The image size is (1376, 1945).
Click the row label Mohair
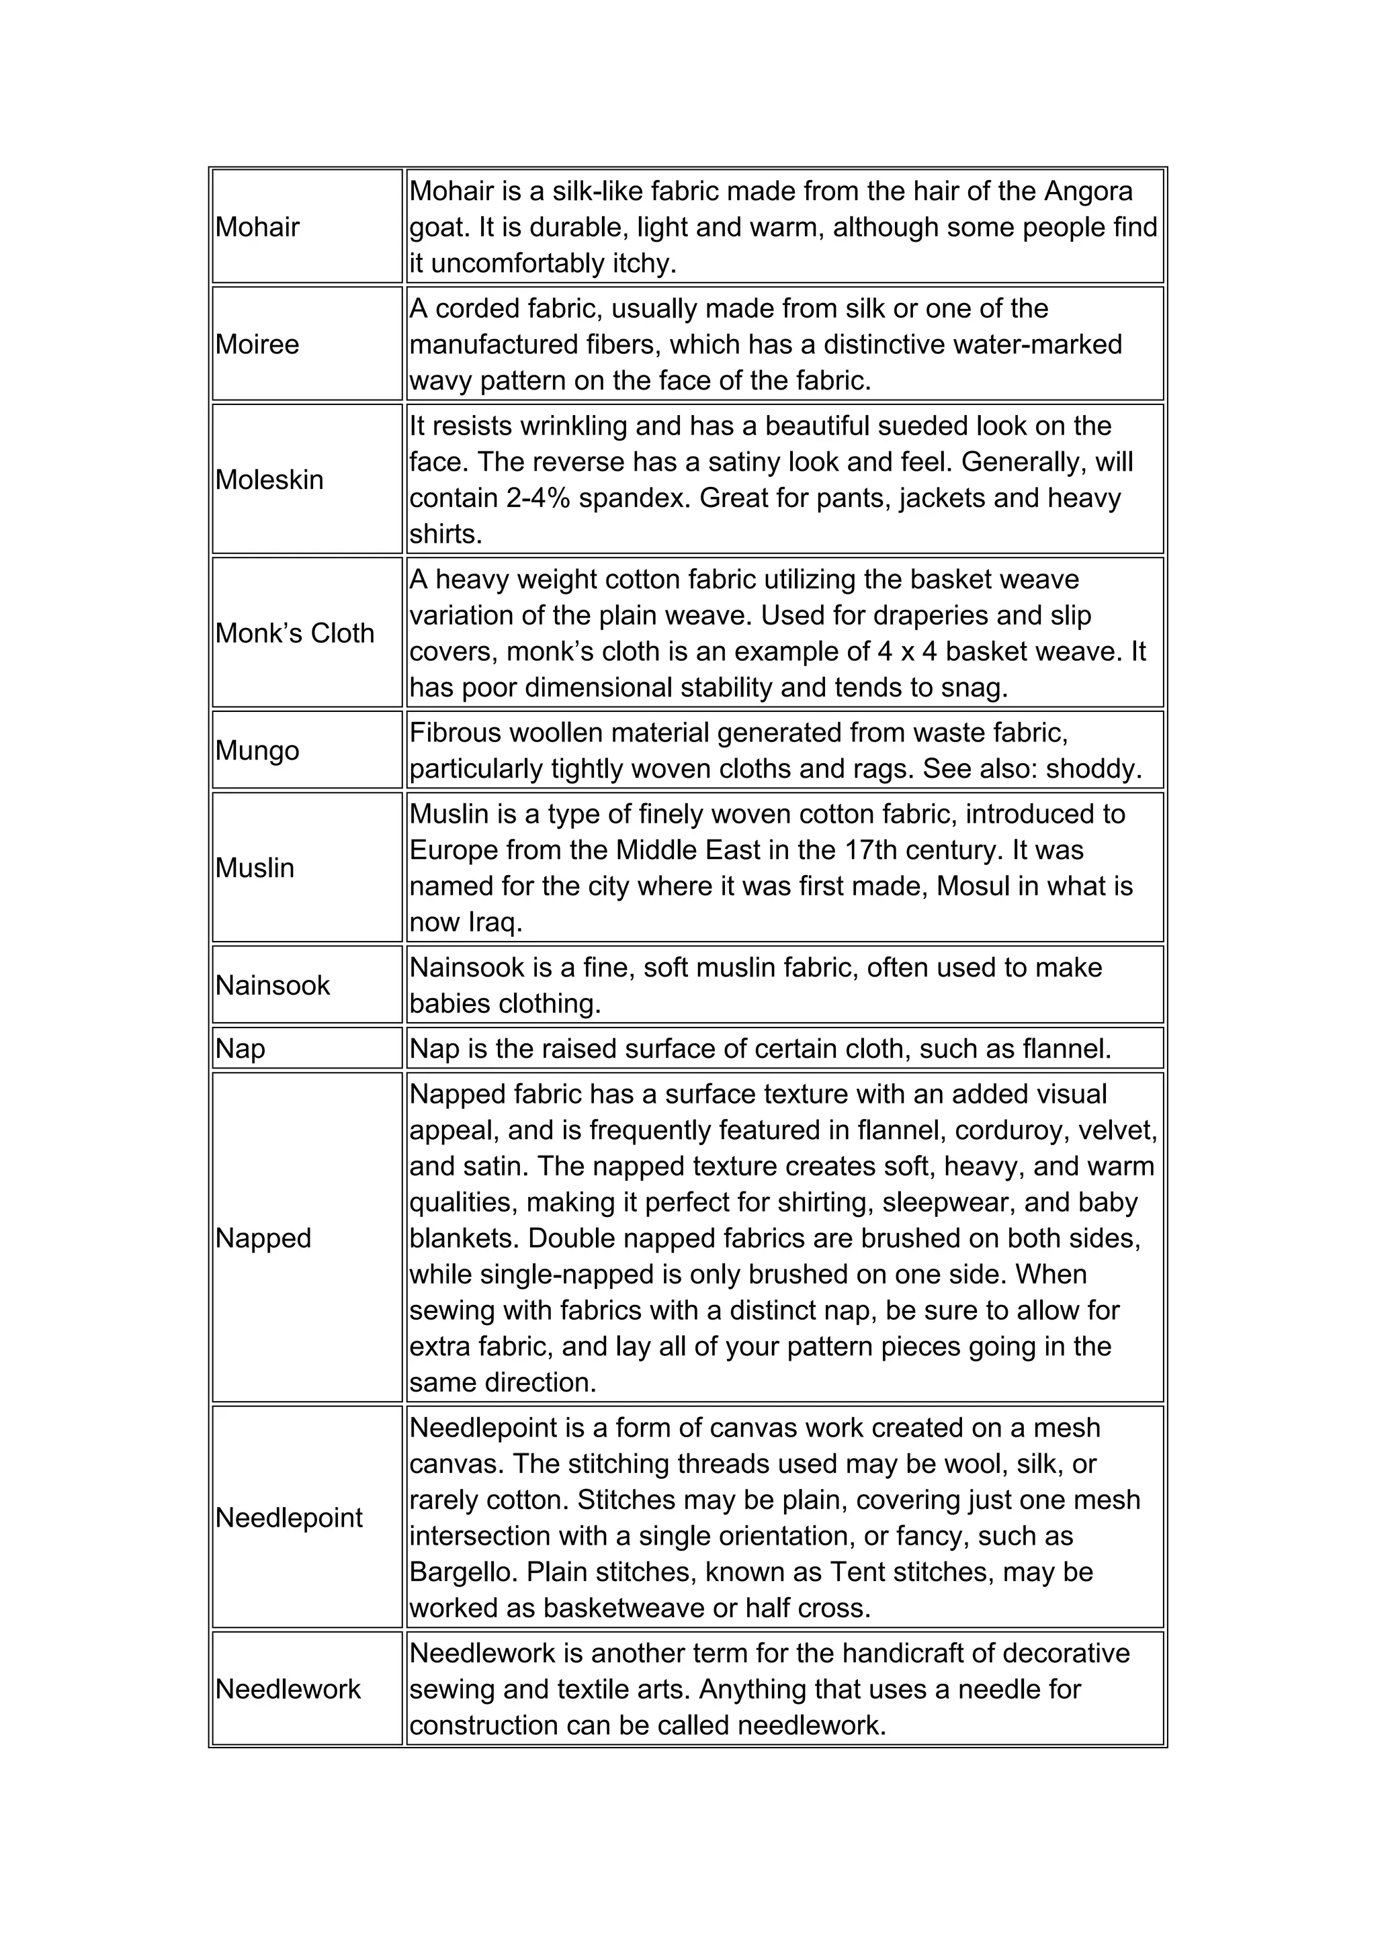tap(257, 227)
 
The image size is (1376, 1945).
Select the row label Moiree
tap(257, 345)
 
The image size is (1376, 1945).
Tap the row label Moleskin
tap(269, 480)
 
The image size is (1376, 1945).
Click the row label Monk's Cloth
tap(294, 633)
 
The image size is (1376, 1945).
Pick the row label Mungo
tap(257, 751)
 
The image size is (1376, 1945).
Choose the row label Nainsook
tap(272, 985)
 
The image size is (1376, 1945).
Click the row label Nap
tap(240, 1049)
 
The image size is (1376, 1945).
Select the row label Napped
tap(263, 1238)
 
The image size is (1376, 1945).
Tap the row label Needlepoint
tap(288, 1517)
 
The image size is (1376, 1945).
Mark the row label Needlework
tap(288, 1689)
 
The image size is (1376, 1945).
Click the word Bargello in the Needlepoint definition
tap(464, 1572)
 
